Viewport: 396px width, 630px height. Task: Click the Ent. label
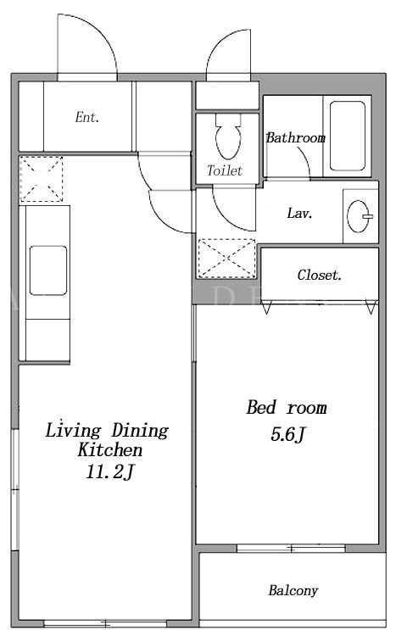pyautogui.click(x=86, y=117)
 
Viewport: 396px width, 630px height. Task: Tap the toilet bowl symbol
pyautogui.click(x=228, y=137)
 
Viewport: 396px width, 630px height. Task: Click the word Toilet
pyautogui.click(x=225, y=170)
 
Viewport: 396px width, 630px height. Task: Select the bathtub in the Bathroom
pyautogui.click(x=348, y=136)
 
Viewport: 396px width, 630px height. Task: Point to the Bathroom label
pyautogui.click(x=296, y=138)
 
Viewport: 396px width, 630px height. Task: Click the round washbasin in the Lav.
pyautogui.click(x=359, y=216)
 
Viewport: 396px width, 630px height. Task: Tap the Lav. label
pyautogui.click(x=299, y=213)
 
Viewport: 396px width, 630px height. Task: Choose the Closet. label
pyautogui.click(x=320, y=276)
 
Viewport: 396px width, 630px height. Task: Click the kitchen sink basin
pyautogui.click(x=48, y=270)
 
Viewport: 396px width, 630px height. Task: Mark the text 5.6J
pyautogui.click(x=288, y=435)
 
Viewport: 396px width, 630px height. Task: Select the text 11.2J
pyautogui.click(x=109, y=472)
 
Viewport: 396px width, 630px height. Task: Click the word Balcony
pyautogui.click(x=293, y=591)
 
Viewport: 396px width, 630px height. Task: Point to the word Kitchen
pyautogui.click(x=110, y=450)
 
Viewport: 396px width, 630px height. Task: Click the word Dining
pyautogui.click(x=140, y=431)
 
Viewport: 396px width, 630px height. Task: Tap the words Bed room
pyautogui.click(x=287, y=407)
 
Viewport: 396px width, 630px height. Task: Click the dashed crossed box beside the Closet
pyautogui.click(x=227, y=259)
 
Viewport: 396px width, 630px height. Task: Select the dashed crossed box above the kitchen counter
pyautogui.click(x=42, y=179)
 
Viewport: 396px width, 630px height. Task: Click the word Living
pyautogui.click(x=73, y=431)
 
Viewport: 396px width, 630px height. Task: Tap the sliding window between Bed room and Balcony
pyautogui.click(x=291, y=548)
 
